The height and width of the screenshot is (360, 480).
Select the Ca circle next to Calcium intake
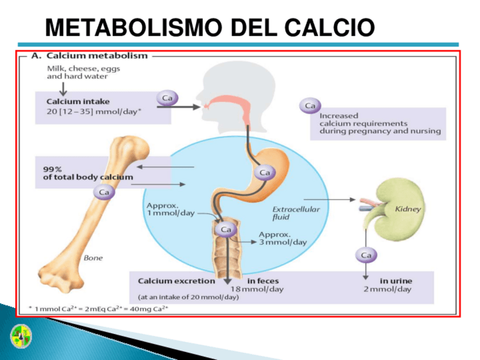[167, 98]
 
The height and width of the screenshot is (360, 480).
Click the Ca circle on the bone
[105, 192]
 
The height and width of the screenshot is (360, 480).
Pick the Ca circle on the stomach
[264, 172]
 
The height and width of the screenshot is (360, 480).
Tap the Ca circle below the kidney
[366, 255]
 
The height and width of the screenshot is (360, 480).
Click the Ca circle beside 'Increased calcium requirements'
[310, 106]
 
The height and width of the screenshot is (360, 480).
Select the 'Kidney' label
[408, 209]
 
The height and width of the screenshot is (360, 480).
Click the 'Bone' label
[93, 258]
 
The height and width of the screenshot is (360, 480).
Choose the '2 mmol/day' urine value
[388, 289]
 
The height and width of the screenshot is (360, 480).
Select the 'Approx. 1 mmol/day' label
[170, 209]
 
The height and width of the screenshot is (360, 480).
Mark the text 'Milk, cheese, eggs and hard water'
[83, 72]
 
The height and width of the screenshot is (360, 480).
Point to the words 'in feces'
[263, 281]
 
